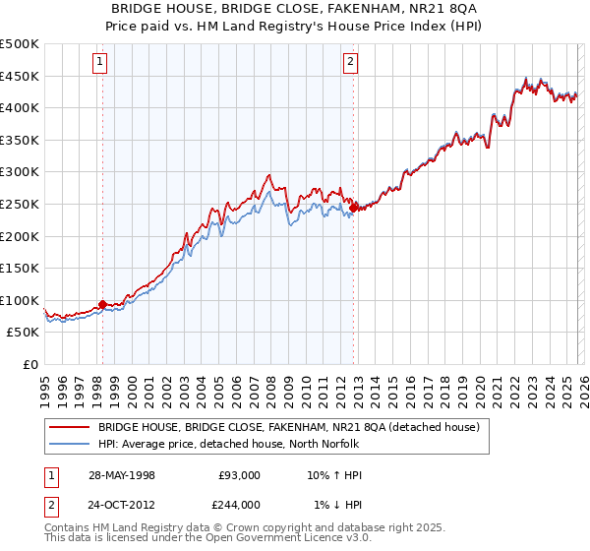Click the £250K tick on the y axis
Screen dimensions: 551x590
pos(20,204)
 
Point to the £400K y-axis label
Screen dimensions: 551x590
pos(20,107)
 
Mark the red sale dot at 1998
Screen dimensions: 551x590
pos(102,305)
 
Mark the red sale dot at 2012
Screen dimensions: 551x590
pos(353,208)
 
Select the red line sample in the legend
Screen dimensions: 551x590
pos(69,427)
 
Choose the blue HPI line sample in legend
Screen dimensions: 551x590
pos(69,444)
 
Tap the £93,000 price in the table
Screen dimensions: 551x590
pos(238,475)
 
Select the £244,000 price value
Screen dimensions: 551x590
pos(238,505)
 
